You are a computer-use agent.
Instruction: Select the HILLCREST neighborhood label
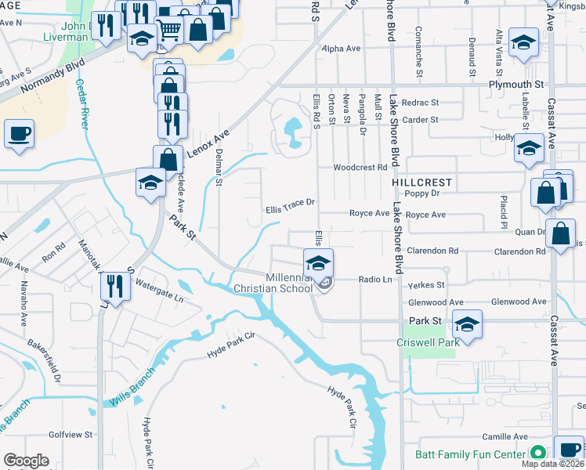point(421,182)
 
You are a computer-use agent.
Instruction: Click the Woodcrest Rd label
point(360,167)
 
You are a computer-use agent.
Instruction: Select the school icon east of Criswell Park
point(467,324)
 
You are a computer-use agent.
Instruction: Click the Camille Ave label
point(505,436)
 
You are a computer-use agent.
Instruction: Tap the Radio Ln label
point(374,279)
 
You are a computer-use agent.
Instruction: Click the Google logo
point(26,461)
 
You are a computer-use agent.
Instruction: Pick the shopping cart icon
point(168,31)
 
